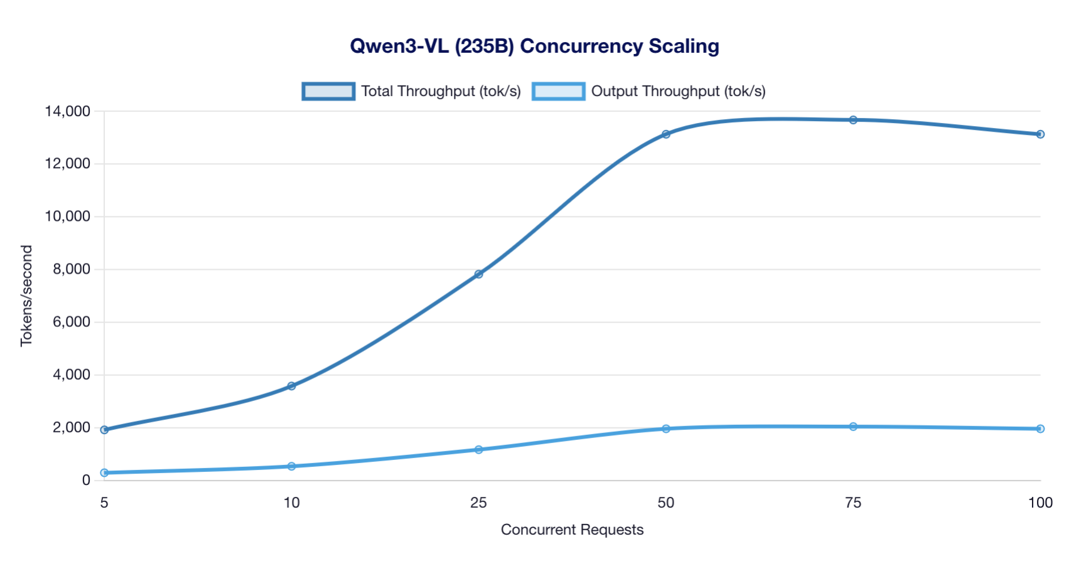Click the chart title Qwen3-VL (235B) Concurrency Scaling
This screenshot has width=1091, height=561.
tap(534, 46)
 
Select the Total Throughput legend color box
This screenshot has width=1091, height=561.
tap(328, 92)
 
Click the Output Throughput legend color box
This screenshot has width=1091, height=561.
tap(558, 92)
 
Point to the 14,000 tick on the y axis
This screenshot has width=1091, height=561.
tap(67, 112)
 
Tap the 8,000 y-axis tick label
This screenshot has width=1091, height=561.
tap(72, 269)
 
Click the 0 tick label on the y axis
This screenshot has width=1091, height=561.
tap(86, 480)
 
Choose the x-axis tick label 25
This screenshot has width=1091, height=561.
tap(478, 503)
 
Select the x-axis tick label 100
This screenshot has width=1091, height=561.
tap(1040, 503)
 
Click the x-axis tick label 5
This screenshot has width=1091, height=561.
tap(104, 503)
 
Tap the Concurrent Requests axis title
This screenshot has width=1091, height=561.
tap(572, 530)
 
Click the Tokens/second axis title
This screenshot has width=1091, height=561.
tap(26, 296)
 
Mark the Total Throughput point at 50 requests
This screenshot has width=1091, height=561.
tap(666, 134)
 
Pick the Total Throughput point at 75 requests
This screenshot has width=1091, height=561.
tap(853, 120)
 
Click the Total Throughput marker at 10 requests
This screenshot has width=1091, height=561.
tap(291, 386)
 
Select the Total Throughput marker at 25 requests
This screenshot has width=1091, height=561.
tap(478, 274)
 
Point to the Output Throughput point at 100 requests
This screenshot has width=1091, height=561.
tap(1040, 429)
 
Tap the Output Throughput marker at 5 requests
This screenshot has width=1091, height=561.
tap(104, 473)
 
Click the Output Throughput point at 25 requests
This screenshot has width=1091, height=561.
tap(478, 449)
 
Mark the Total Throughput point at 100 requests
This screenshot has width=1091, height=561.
tap(1040, 134)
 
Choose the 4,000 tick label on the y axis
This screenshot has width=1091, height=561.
tap(72, 375)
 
